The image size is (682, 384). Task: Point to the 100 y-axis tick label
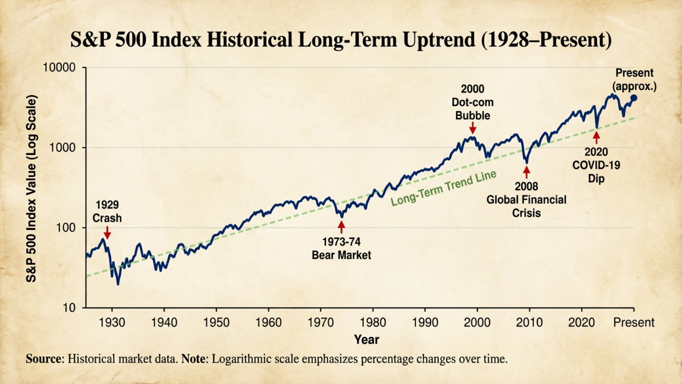pos(66,228)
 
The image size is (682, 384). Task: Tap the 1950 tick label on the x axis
pos(216,323)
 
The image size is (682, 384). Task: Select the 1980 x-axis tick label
pos(373,323)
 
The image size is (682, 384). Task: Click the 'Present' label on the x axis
pos(634,323)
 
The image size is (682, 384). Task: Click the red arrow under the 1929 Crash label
pos(107,233)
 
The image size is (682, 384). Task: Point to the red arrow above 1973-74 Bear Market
pos(341,227)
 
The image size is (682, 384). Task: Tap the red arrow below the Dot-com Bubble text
pos(473,128)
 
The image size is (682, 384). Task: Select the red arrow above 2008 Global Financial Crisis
pos(527,172)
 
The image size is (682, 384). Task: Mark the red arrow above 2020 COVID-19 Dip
pos(596,138)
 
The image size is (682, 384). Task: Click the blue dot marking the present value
pos(634,98)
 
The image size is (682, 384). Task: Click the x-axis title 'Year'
pos(367,339)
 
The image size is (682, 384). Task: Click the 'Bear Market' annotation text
pos(341,255)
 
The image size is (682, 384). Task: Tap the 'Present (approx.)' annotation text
pos(634,79)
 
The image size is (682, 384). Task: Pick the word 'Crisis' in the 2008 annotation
pos(526,213)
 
